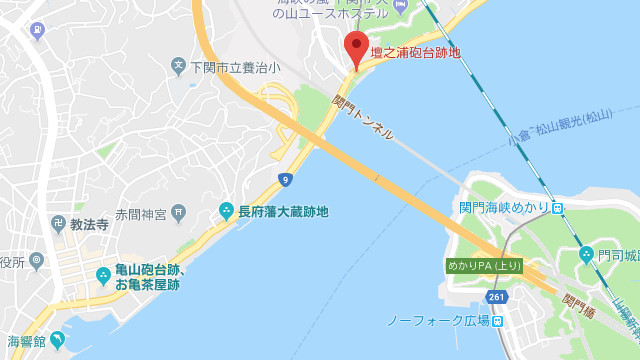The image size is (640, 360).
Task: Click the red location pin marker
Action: point(356,48)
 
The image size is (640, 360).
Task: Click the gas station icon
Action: point(38,30)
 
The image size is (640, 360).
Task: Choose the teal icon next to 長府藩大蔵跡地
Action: point(226,211)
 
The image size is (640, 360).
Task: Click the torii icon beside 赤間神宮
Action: point(178,212)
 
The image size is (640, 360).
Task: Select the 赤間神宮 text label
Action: point(139,213)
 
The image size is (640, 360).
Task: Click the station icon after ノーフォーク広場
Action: point(497,321)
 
